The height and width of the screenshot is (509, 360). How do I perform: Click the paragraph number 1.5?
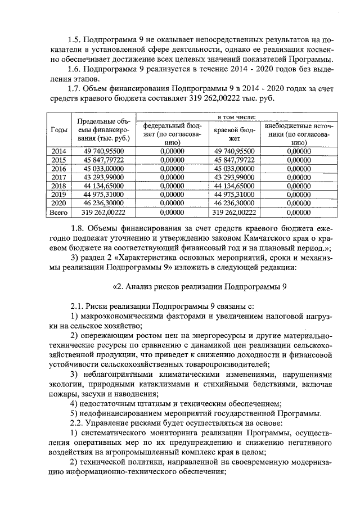73,40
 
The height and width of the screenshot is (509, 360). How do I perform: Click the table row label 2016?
58,168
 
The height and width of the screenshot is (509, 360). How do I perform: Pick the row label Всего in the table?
58,213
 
